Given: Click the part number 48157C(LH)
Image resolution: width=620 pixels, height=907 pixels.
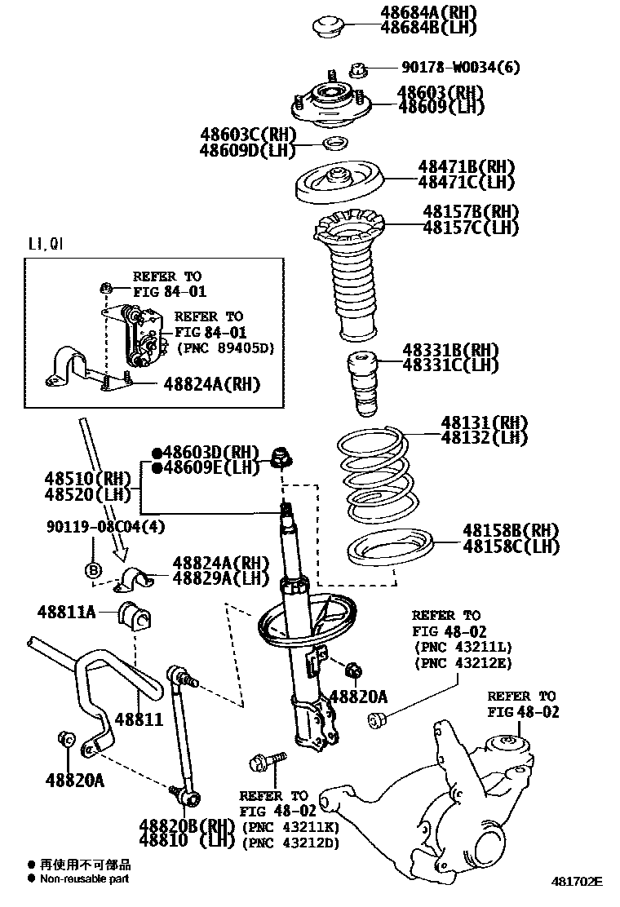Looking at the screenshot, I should point(470,228).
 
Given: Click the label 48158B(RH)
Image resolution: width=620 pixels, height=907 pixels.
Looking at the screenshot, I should point(511,531).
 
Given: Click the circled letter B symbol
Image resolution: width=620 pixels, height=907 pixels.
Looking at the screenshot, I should point(93,569).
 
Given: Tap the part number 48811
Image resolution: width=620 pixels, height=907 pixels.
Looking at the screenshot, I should point(139,719).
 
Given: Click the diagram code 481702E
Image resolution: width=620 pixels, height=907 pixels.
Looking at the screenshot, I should point(576,882).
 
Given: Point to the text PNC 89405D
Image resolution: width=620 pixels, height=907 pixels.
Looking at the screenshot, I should point(225,347).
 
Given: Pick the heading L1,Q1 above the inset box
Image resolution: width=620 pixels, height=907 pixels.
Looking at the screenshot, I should point(47,244).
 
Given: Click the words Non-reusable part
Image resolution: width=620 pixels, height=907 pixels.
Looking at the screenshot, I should point(85,878).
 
